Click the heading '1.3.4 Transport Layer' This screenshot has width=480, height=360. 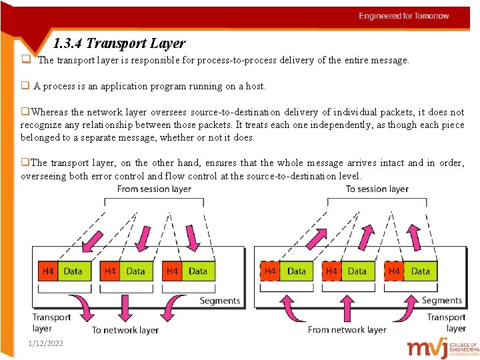coord(119,44)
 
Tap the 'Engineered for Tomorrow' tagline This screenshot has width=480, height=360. coord(404,16)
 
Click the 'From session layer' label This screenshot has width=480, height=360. coord(154,189)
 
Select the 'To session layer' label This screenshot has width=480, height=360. coord(377,189)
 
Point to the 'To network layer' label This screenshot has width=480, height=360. coord(125,329)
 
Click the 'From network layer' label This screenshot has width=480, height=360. coord(347,329)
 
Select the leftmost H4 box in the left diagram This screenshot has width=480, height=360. coord(48,271)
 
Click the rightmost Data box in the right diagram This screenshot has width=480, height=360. coord(420,271)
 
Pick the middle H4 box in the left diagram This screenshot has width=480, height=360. coord(110,271)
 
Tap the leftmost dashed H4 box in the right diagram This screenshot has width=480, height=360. coord(270,271)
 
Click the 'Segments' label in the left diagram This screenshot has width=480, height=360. coord(219,301)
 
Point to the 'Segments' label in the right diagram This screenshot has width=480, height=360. coord(441,301)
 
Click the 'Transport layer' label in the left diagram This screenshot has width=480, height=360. coord(51,323)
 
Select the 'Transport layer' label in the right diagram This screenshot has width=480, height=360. coord(446,323)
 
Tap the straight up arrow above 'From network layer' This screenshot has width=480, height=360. coord(347,305)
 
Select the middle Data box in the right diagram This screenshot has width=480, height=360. coord(357,271)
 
